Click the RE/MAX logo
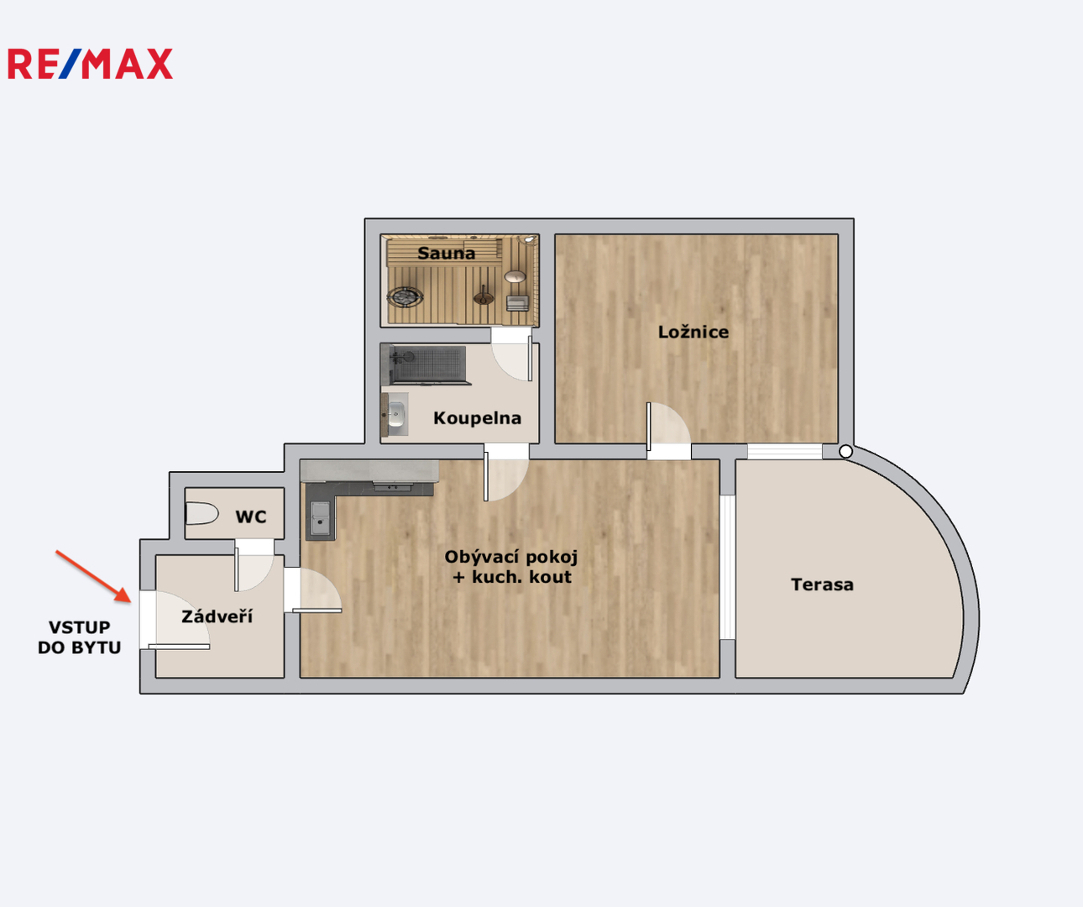tap(91, 64)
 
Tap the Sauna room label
tap(446, 254)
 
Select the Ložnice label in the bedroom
tap(693, 332)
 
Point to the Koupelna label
tap(477, 417)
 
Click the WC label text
tap(251, 516)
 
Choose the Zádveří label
tap(217, 616)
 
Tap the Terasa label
tap(822, 585)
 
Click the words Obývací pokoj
tap(511, 558)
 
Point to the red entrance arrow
tap(93, 576)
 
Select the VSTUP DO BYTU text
tap(80, 637)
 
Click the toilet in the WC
tap(201, 514)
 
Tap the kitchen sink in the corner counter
tap(320, 519)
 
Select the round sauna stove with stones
tap(405, 297)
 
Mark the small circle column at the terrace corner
tap(845, 452)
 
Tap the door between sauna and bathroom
tap(511, 357)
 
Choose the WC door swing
tap(254, 569)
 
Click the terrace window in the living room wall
tap(727, 567)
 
